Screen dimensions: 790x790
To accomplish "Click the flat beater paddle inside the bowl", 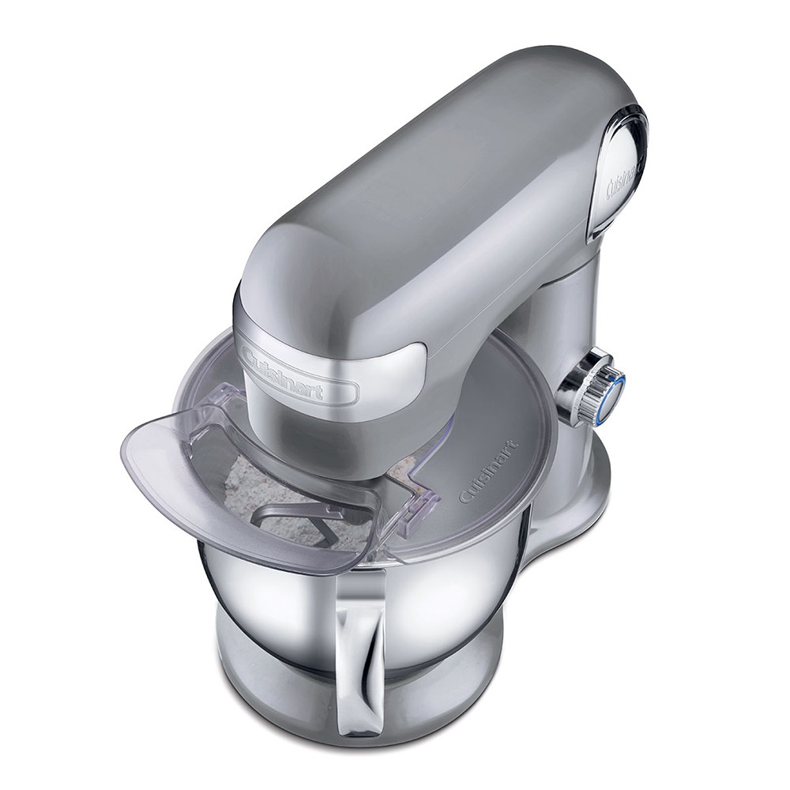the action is [x=297, y=524].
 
